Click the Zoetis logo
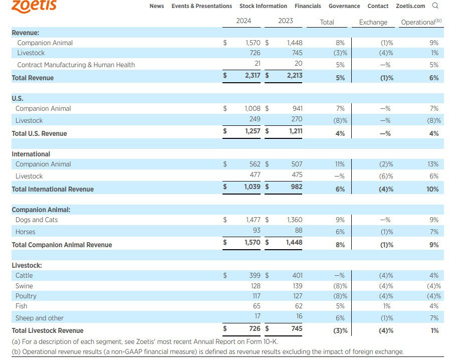pos(34,6)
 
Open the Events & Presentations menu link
pos(201,6)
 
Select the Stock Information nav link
pos(263,6)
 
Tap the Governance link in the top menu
pos(344,6)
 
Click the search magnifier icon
pos(435,6)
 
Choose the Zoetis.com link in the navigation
pos(410,6)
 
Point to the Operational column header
pos(421,22)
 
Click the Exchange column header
pos(373,22)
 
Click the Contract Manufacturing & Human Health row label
pos(76,65)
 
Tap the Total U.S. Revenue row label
pos(39,133)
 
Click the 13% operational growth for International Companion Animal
pos(433,164)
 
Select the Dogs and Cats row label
pos(37,220)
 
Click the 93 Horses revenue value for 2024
pos(256,232)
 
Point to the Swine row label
pos(24,286)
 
